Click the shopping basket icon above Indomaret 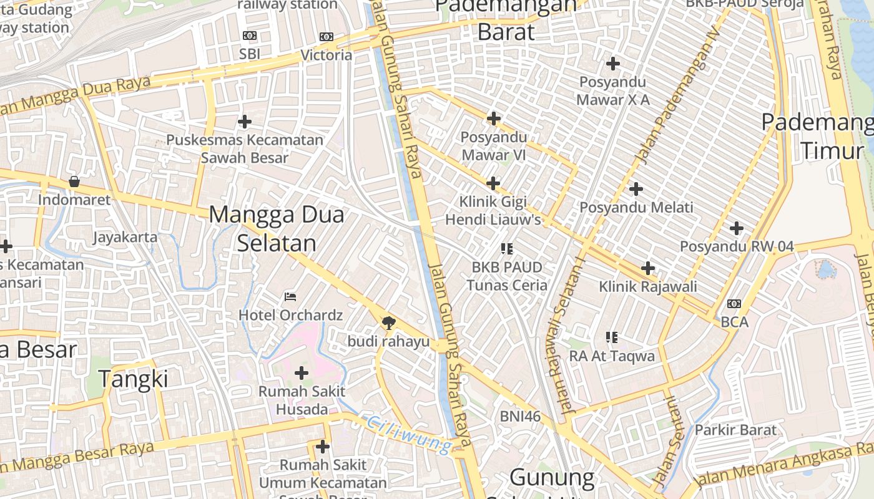pyautogui.click(x=74, y=182)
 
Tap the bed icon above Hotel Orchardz pyautogui.click(x=290, y=296)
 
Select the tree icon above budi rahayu pyautogui.click(x=389, y=322)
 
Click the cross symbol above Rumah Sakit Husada pyautogui.click(x=302, y=373)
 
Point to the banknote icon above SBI pyautogui.click(x=249, y=36)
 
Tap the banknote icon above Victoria pyautogui.click(x=326, y=37)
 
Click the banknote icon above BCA pyautogui.click(x=734, y=304)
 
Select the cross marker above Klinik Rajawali pyautogui.click(x=648, y=268)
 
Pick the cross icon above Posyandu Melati pyautogui.click(x=636, y=188)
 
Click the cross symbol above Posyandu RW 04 pyautogui.click(x=737, y=228)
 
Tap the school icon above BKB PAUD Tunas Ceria pyautogui.click(x=506, y=249)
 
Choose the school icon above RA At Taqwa pyautogui.click(x=612, y=337)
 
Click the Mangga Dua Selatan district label pyautogui.click(x=277, y=228)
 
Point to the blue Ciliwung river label pyautogui.click(x=410, y=434)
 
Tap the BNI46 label pyautogui.click(x=520, y=416)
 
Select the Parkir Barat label pyautogui.click(x=735, y=430)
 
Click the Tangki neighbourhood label pyautogui.click(x=134, y=379)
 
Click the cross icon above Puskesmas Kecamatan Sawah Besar pyautogui.click(x=245, y=121)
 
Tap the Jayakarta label pyautogui.click(x=125, y=237)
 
